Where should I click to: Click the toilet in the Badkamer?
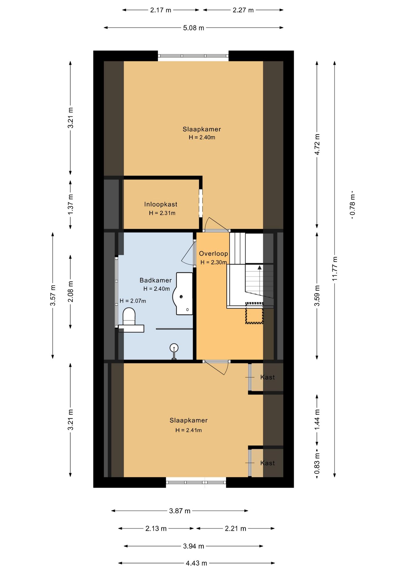(129, 316)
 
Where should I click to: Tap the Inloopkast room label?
(161, 204)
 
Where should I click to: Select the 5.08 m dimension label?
(194, 28)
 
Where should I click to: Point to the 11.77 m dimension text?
(335, 269)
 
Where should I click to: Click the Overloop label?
(214, 254)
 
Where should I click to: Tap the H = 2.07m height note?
(133, 301)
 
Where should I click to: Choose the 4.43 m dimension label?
(196, 563)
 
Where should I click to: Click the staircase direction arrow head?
(260, 267)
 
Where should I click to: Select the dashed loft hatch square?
(254, 313)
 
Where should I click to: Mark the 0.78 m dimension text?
(353, 205)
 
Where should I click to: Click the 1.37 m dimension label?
(70, 204)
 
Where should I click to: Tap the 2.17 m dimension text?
(161, 10)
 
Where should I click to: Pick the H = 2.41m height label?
(188, 430)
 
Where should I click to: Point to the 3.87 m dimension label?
(180, 511)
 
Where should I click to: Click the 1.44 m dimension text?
(317, 420)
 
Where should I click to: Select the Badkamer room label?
(156, 280)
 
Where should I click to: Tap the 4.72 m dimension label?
(317, 144)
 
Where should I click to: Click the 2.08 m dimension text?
(70, 292)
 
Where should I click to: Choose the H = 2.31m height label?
(162, 213)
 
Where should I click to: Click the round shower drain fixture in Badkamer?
(174, 348)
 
